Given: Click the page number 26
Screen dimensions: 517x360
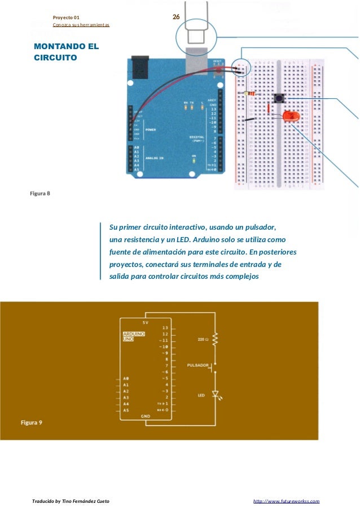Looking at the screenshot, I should tap(175, 17).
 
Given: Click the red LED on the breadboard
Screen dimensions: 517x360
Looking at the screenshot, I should tap(291, 116).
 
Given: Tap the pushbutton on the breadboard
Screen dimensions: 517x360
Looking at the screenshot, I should tap(278, 98).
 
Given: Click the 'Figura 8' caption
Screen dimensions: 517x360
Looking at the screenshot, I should tap(40, 194).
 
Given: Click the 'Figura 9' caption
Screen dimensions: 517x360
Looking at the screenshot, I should tap(32, 422).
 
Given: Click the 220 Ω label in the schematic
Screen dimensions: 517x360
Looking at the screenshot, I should tap(204, 340).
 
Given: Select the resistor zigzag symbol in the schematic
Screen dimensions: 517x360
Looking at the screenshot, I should tap(215, 339).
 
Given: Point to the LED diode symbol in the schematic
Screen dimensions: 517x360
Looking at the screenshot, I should tap(215, 393).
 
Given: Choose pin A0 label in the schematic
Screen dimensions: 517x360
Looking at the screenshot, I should tap(126, 378).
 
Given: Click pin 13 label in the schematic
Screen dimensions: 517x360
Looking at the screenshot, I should tap(165, 327).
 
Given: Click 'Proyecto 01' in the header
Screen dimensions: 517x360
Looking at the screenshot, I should tap(66, 17).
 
